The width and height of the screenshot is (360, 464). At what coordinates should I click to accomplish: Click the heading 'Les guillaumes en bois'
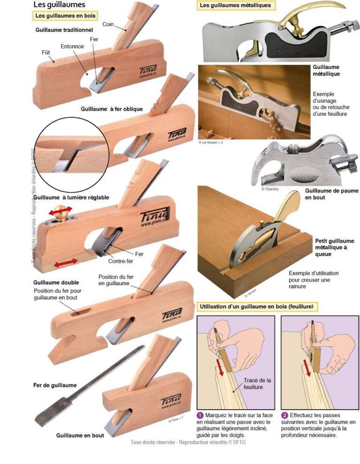click(x=65, y=15)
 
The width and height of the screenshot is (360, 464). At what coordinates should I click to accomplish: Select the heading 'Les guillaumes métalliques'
click(x=235, y=5)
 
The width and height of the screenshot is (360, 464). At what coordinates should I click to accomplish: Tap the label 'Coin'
click(x=108, y=24)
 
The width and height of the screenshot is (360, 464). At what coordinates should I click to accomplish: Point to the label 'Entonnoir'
click(x=72, y=46)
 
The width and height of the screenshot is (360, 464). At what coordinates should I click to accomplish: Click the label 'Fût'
click(x=46, y=53)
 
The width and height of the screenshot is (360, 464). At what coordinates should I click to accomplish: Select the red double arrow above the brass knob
click(x=60, y=210)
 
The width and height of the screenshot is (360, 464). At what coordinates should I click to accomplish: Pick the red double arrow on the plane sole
click(x=66, y=262)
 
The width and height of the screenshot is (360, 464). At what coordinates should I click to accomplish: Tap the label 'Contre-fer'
click(x=120, y=261)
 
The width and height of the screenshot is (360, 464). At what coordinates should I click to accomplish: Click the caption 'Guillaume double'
click(x=56, y=282)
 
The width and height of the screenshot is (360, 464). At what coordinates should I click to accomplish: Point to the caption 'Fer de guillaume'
click(x=55, y=385)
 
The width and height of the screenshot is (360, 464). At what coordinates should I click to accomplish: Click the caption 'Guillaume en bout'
click(x=80, y=435)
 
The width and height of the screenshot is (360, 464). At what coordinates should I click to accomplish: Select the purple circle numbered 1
click(x=200, y=415)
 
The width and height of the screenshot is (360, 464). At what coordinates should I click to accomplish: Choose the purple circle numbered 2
click(x=285, y=415)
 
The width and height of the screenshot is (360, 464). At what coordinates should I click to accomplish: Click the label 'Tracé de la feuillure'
click(x=257, y=383)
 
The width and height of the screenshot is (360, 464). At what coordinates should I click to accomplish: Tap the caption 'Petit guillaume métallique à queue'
click(x=335, y=247)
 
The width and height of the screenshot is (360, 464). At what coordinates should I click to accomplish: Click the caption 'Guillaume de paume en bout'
click(x=331, y=194)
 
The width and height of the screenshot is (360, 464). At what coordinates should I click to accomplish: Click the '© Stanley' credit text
click(x=270, y=189)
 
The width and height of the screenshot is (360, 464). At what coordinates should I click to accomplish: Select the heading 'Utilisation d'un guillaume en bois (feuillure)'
click(x=256, y=306)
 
